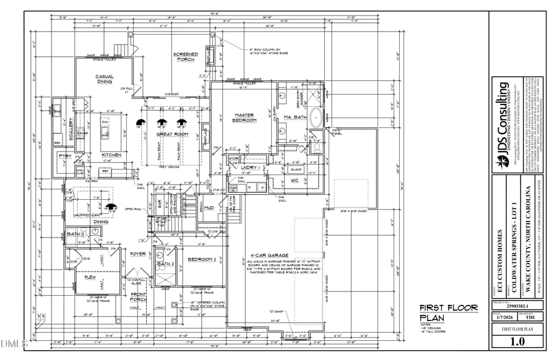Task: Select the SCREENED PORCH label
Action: [185, 57]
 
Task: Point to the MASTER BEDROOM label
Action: [244, 117]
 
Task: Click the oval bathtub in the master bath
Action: [315, 116]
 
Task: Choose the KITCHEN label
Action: [111, 155]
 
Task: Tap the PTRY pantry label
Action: [64, 156]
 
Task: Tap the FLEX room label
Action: [90, 278]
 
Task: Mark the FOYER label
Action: [137, 254]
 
